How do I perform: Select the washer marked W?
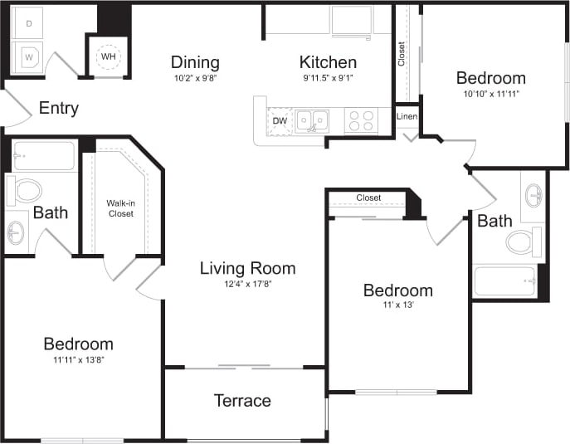28,57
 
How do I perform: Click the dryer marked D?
28,23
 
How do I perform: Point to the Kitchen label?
328,62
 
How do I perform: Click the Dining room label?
195,62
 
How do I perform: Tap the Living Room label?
247,268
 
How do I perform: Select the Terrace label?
242,401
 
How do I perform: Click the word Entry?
59,108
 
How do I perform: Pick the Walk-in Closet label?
120,207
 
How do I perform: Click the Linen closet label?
407,116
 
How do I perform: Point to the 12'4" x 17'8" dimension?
247,284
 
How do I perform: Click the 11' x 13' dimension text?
397,305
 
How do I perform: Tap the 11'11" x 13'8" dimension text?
78,359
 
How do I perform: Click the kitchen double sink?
312,121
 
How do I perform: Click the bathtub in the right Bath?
505,281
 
